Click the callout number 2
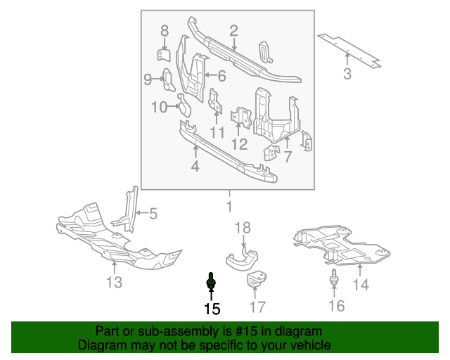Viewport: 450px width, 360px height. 233,30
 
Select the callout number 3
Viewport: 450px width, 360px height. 347,74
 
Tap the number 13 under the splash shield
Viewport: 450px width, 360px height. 114,283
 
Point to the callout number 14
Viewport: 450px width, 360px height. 361,285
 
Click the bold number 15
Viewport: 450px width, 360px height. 212,308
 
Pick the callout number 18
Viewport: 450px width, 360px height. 242,227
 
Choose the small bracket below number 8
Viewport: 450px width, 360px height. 163,56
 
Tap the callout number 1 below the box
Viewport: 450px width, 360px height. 228,207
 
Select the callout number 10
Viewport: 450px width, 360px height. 159,107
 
